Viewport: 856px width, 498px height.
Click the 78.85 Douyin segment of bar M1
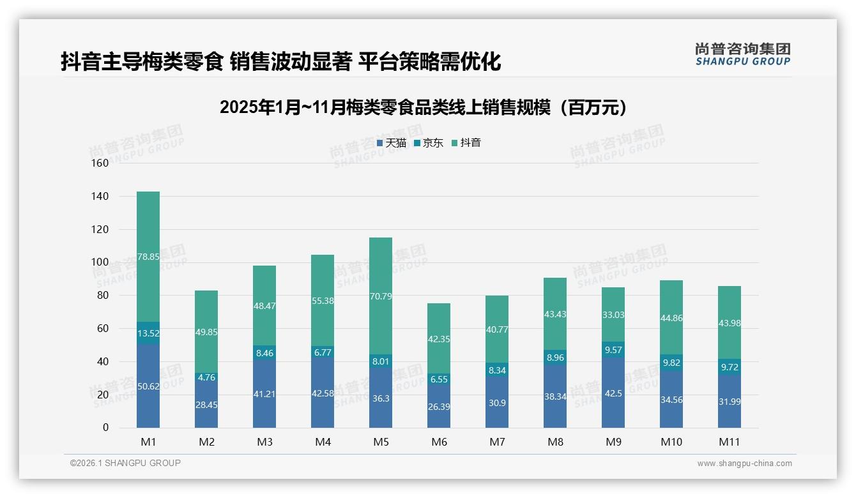(x=148, y=257)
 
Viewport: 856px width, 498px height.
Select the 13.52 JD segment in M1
(x=148, y=333)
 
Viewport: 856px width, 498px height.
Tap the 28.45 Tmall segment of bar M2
(x=206, y=404)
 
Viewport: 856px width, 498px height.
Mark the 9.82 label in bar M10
(x=671, y=363)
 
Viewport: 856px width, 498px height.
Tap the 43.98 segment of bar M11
(x=730, y=323)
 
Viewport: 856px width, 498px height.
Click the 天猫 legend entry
(x=392, y=143)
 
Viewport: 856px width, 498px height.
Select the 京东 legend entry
(x=429, y=143)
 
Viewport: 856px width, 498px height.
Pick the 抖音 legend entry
(x=466, y=143)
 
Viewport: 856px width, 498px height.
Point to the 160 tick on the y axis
(x=100, y=163)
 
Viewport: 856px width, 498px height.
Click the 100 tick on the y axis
(x=100, y=262)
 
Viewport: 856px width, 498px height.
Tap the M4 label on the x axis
(x=323, y=442)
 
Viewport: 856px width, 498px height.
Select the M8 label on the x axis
(x=555, y=442)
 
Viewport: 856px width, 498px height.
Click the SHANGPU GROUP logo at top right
(x=742, y=54)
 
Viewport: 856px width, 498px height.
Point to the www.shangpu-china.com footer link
(x=744, y=464)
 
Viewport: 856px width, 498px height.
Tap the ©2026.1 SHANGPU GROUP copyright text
(x=125, y=463)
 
